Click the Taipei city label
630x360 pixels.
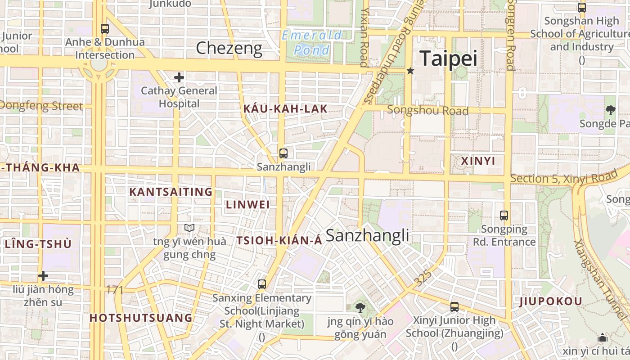(x=448, y=59)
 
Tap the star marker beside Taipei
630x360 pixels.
(x=410, y=71)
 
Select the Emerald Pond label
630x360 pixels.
(x=312, y=42)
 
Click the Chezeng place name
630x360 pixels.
(x=229, y=48)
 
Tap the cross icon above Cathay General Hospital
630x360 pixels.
(x=179, y=77)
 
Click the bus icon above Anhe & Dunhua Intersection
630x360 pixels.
(x=105, y=29)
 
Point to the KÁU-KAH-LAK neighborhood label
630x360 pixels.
(x=285, y=109)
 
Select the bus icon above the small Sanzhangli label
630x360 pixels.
(x=283, y=153)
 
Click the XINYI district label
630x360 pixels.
(x=478, y=161)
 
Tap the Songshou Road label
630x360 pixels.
(x=427, y=110)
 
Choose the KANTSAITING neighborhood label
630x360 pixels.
(x=171, y=192)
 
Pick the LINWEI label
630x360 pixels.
(x=247, y=205)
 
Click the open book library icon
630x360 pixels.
(x=189, y=228)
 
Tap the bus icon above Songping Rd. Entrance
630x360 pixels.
(x=504, y=216)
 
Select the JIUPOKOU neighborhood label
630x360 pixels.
(x=551, y=301)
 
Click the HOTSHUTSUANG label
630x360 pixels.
(x=141, y=318)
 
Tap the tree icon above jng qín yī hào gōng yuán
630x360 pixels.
(x=360, y=308)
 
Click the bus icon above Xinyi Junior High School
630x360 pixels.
(x=454, y=307)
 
